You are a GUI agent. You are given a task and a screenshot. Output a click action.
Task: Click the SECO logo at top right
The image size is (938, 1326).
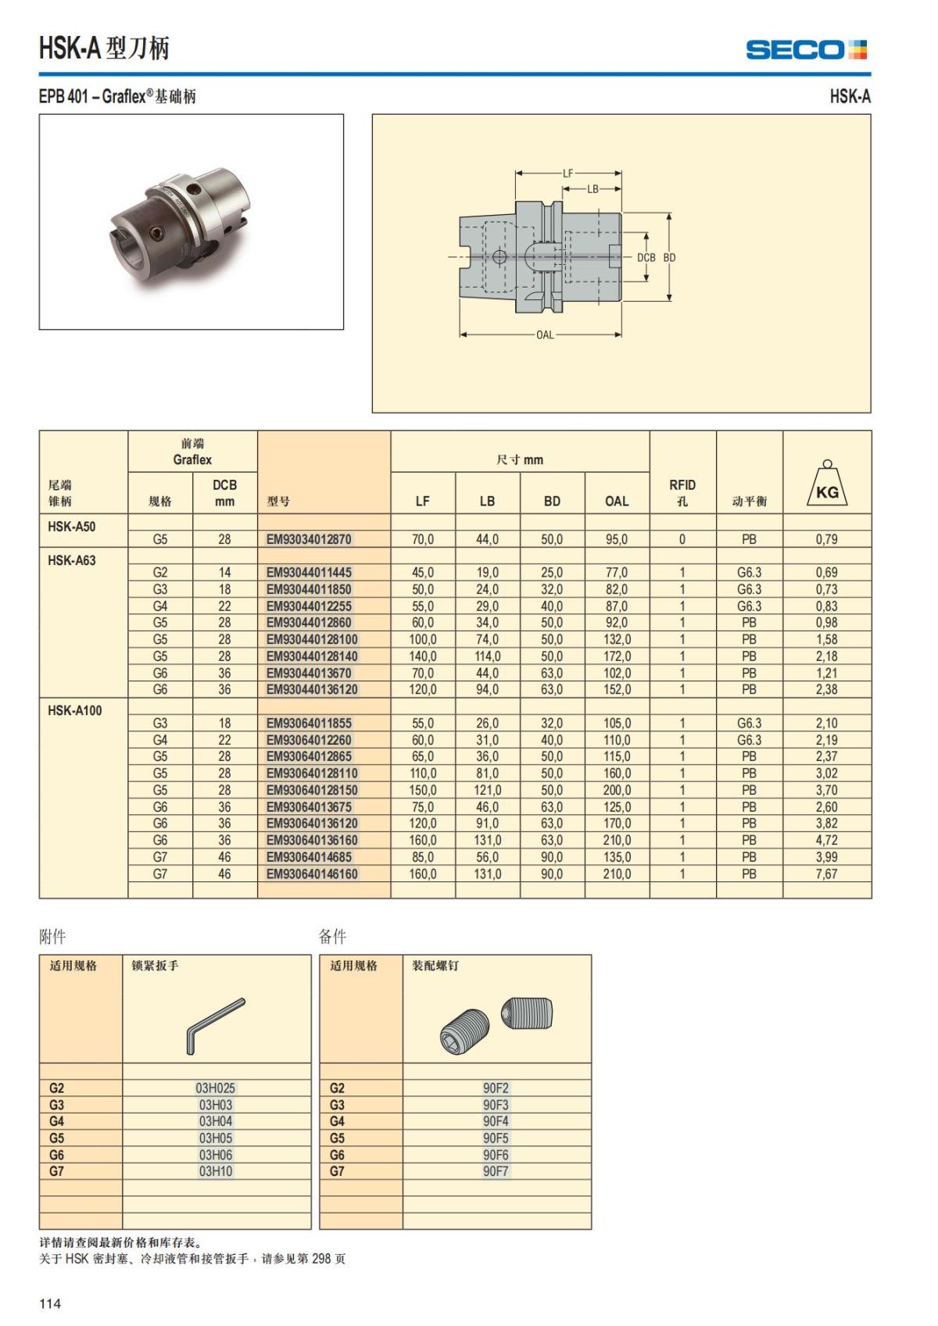(x=806, y=50)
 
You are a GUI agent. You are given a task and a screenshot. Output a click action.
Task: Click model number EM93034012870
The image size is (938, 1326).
(x=309, y=539)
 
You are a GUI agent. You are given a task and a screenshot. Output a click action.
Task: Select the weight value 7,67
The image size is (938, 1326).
(x=826, y=874)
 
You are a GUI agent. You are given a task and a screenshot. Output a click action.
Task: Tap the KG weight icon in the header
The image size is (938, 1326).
(x=827, y=485)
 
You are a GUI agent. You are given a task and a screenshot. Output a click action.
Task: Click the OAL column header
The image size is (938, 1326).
(x=616, y=501)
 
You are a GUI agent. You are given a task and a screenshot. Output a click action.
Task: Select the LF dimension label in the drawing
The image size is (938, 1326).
(x=568, y=173)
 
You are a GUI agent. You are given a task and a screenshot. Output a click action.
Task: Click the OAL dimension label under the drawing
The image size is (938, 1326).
(x=545, y=335)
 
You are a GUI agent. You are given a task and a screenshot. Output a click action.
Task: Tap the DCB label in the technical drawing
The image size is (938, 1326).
(x=646, y=257)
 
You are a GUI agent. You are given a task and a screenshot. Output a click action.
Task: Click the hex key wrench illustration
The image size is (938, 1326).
(x=215, y=1024)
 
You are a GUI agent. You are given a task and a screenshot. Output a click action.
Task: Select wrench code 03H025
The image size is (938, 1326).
(x=216, y=1088)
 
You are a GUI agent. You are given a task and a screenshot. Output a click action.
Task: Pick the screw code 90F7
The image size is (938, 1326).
(x=496, y=1171)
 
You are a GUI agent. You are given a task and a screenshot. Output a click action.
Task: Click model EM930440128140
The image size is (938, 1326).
(x=312, y=656)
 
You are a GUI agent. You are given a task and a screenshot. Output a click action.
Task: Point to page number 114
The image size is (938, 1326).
(x=50, y=1303)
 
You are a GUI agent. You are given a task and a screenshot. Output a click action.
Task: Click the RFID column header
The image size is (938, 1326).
(x=682, y=492)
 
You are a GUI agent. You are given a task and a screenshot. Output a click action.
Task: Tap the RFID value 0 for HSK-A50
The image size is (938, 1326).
(x=682, y=539)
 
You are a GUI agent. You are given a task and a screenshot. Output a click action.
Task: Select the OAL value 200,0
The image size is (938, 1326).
(x=616, y=790)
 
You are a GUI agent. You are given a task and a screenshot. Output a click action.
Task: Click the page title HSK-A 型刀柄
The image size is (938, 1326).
(x=104, y=48)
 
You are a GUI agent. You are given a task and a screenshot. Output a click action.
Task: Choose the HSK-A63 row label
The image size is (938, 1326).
(x=72, y=560)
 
